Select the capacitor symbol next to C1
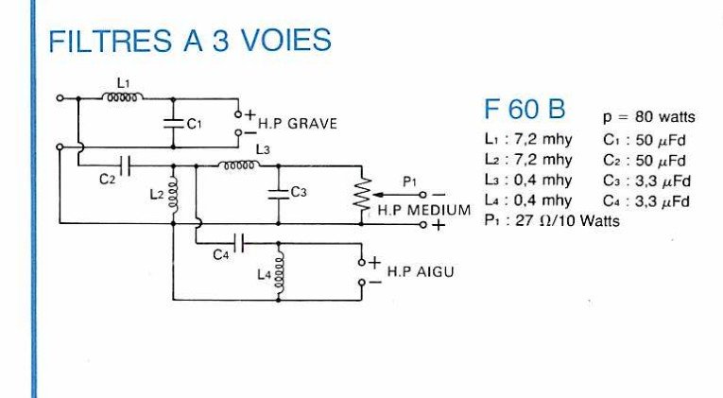tap(174, 122)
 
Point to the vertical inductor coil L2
tap(174, 194)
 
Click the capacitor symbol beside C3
tap(279, 191)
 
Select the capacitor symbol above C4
tap(240, 243)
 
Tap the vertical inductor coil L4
tap(279, 272)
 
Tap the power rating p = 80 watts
tap(648, 118)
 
